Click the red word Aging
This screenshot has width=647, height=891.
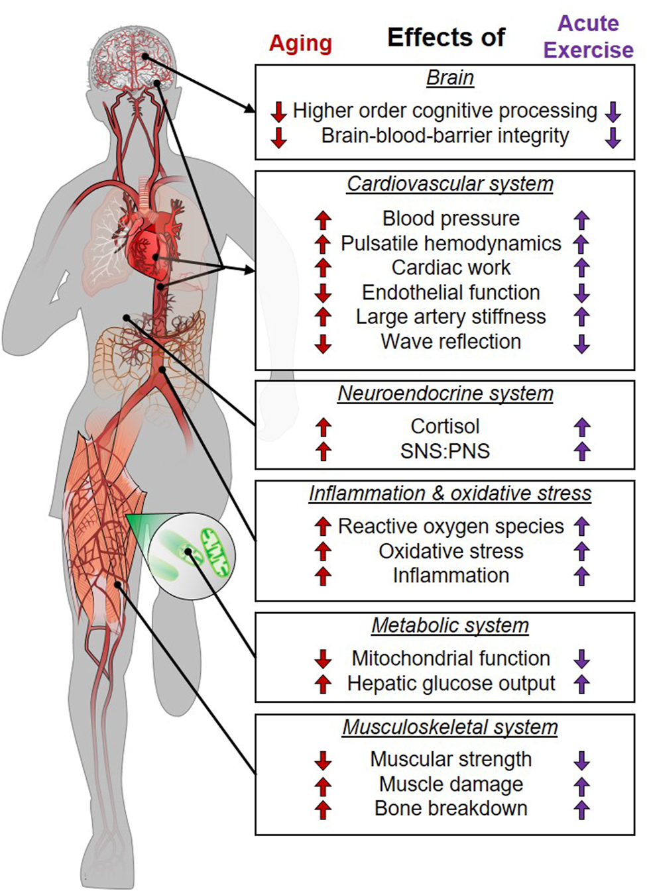[300, 44]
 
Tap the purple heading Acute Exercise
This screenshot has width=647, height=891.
[588, 37]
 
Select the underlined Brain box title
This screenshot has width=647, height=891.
[450, 78]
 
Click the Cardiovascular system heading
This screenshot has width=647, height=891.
[450, 183]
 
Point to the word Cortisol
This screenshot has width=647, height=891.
[445, 426]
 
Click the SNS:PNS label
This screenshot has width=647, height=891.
[445, 451]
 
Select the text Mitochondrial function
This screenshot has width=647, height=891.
[451, 658]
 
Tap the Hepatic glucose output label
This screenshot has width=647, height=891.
[451, 683]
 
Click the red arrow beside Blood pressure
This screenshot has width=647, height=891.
[323, 219]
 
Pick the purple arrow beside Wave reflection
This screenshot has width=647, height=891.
[581, 343]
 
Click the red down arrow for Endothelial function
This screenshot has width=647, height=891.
[323, 293]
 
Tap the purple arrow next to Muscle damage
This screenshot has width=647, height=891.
[581, 786]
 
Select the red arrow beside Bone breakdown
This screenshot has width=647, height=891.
[323, 810]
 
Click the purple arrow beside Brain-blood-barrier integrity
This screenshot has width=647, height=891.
[613, 137]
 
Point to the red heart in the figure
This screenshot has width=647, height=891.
[147, 248]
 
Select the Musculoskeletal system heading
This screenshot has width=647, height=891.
[450, 727]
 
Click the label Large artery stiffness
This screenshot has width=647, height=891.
[451, 317]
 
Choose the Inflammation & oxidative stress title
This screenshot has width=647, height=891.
[450, 494]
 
